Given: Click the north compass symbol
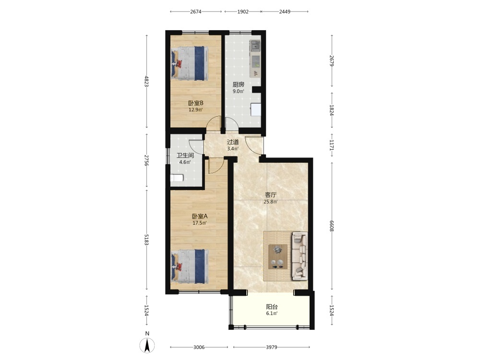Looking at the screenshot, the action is coord(147,345).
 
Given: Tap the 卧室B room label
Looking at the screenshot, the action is coord(196,103).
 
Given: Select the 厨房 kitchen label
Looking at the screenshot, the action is coord(239,84).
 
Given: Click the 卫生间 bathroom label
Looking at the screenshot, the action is coord(185,156).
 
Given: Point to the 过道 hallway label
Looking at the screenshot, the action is coord(233,142).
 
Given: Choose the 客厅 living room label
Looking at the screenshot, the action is coord(271,195).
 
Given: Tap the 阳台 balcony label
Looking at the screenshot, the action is coord(272,307).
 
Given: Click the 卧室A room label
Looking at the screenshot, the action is coord(200,216).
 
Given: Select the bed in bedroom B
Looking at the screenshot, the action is coord(190,63).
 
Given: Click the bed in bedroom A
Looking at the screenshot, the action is coord(190,266).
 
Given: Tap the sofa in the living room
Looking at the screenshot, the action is coord(300,256).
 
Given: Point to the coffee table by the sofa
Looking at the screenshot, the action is coord(278,256).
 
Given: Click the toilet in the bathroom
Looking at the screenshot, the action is coord(177,178).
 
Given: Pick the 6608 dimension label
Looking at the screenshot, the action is coord(331,226).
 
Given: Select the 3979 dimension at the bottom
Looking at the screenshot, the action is coord(272,347).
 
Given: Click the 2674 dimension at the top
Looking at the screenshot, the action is coord(196,12).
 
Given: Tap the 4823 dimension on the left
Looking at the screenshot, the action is coord(146,81).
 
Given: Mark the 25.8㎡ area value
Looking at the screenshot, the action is coord(271,202).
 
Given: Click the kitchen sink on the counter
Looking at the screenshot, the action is coord(255,46).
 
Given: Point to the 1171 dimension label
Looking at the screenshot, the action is coord(331,145).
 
